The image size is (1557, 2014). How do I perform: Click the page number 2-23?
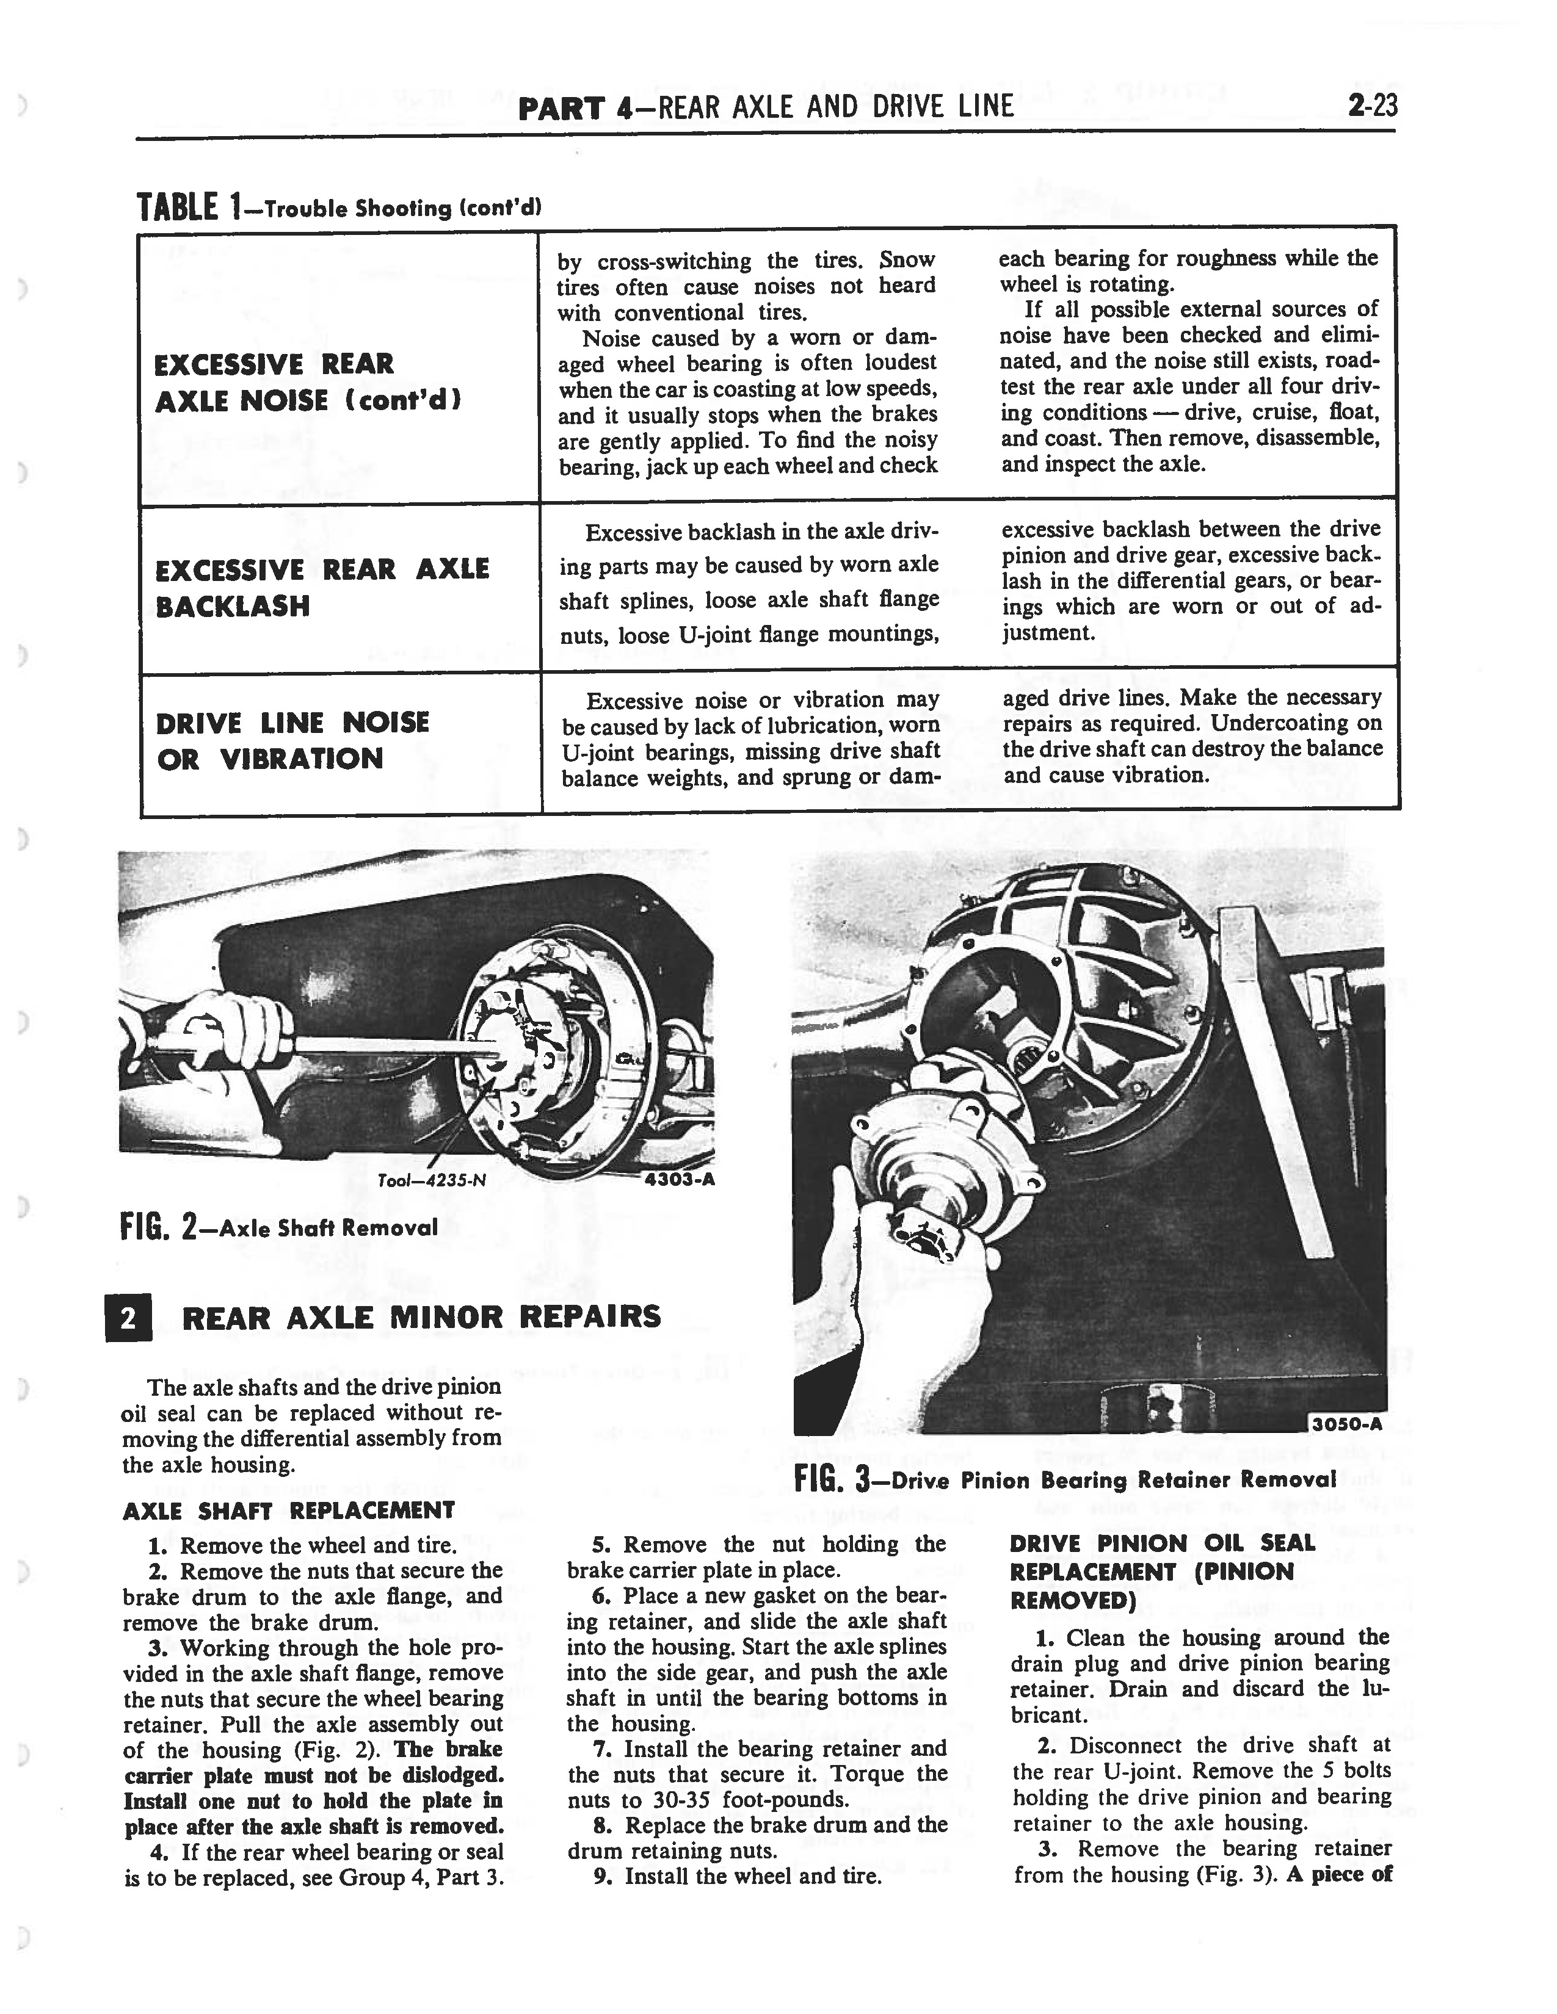tap(1371, 107)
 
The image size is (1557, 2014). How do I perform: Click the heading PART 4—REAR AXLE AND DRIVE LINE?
tap(766, 108)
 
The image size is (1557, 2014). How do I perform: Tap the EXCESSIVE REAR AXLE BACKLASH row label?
tap(322, 587)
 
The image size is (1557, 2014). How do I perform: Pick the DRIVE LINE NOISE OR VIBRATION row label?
tap(292, 740)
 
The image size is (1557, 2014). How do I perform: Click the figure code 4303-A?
tap(681, 1180)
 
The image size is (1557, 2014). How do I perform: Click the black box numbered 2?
tap(128, 1318)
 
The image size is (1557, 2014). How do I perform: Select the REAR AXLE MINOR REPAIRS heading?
tap(421, 1317)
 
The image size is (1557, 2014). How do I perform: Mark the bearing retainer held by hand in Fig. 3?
tap(941, 1171)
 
